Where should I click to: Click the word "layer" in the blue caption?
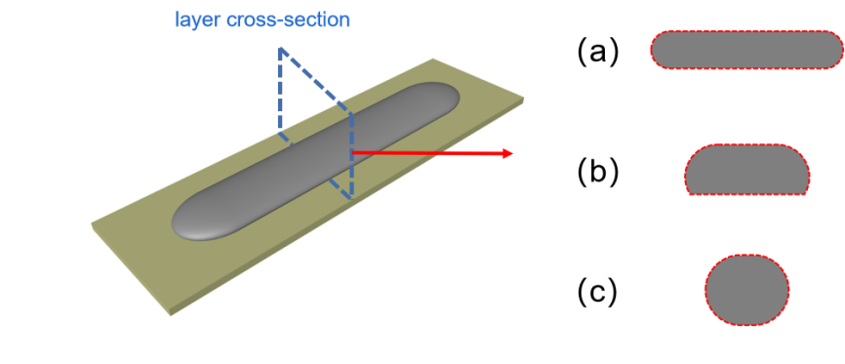coord(190,20)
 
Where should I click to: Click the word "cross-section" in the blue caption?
coord(281,20)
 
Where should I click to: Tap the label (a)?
coord(597,53)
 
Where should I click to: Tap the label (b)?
coord(597,173)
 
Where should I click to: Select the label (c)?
coord(597,293)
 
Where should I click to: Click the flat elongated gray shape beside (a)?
coord(746,50)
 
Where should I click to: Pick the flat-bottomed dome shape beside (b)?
coord(746,170)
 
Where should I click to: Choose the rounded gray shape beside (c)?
coord(746,290)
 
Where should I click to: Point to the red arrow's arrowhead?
coord(506,153)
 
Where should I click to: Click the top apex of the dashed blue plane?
coord(280,49)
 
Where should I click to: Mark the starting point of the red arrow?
coord(352,153)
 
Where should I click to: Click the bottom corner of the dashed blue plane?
coord(352,198)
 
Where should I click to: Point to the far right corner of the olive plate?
coord(523,100)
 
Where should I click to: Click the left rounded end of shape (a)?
coord(661,50)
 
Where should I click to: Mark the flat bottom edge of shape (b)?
coord(746,193)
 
